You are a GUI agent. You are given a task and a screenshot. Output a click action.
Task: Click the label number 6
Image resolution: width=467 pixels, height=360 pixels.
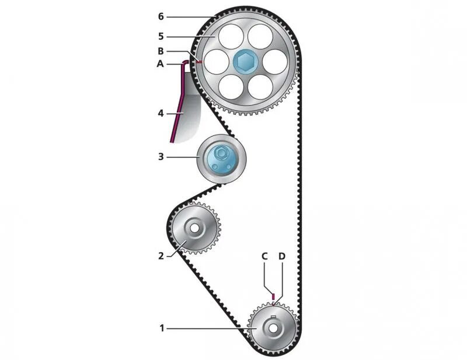(161, 16)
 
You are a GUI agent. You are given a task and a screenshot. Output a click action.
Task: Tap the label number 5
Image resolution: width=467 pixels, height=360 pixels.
(161, 36)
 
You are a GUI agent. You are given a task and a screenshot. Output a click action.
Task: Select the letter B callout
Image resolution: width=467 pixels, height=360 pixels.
(161, 51)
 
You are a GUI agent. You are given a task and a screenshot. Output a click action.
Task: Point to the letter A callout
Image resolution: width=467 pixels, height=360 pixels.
(161, 64)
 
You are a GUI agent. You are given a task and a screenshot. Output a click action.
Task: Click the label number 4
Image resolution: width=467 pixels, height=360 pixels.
(161, 113)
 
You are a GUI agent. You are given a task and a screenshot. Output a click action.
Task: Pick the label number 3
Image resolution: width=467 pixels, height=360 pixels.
(161, 156)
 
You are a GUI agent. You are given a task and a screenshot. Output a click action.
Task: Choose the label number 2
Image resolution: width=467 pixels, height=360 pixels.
(161, 255)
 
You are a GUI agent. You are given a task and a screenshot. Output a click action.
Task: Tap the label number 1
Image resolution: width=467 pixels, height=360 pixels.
(162, 328)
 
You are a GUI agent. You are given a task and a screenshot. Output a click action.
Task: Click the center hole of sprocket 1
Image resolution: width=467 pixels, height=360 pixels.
(273, 328)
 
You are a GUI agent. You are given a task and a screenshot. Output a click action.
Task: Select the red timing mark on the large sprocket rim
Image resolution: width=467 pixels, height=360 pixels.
(199, 61)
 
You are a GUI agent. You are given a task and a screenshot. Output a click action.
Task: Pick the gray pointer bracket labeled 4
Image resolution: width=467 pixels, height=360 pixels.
(189, 117)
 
